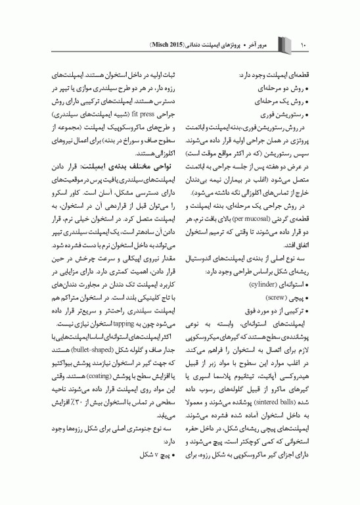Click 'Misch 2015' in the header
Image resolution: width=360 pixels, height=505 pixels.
coord(166,45)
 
